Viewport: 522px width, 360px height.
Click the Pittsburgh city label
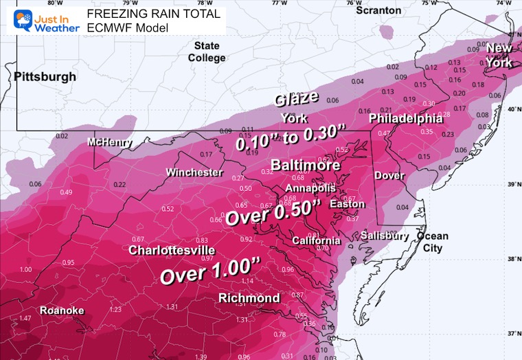(x=45, y=77)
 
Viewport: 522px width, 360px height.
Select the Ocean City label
(x=432, y=242)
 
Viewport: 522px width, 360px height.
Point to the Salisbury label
(x=385, y=236)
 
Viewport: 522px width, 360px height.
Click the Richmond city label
(x=249, y=297)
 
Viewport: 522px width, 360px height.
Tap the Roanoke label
(x=62, y=311)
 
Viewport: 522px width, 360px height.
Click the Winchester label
(x=194, y=172)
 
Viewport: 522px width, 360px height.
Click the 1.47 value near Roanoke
(x=25, y=319)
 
